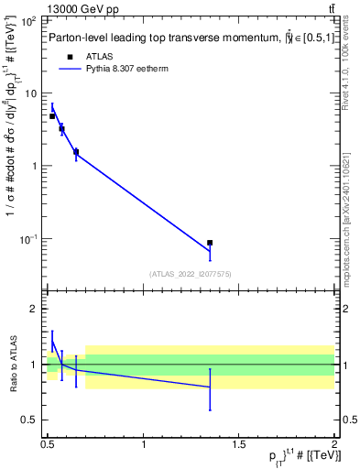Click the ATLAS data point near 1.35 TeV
coord(210,243)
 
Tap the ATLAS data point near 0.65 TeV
coord(76,152)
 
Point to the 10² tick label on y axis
coord(29,21)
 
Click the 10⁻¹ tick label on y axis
coord(29,239)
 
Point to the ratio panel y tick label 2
coord(35,310)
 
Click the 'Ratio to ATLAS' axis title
coord(11,365)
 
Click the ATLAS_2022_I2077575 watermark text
coord(191,273)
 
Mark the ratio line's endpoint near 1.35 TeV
coord(210,387)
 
